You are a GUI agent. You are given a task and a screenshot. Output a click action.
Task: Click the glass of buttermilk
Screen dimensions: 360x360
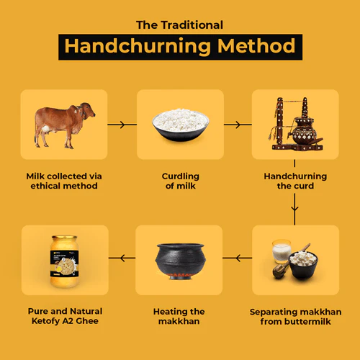pyautogui.click(x=281, y=254)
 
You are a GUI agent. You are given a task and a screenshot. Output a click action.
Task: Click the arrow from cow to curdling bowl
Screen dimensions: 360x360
pyautogui.click(x=122, y=125)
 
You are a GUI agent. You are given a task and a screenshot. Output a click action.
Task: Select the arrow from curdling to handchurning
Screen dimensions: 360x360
pyautogui.click(x=238, y=125)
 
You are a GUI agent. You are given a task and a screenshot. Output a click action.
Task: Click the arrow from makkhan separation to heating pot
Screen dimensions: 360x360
pyautogui.click(x=238, y=257)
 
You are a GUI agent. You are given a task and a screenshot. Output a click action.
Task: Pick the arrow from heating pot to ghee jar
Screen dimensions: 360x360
pyautogui.click(x=122, y=257)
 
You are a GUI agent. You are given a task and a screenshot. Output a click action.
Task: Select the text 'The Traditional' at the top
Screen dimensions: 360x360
pyautogui.click(x=180, y=24)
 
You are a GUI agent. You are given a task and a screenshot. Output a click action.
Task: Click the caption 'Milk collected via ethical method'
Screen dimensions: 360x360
pyautogui.click(x=65, y=181)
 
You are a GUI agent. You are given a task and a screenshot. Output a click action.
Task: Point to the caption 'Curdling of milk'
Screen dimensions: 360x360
pyautogui.click(x=180, y=181)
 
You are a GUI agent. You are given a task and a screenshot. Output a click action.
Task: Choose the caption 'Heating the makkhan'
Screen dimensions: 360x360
pyautogui.click(x=180, y=317)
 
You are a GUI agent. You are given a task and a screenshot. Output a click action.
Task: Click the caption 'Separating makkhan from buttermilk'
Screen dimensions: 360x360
pyautogui.click(x=295, y=317)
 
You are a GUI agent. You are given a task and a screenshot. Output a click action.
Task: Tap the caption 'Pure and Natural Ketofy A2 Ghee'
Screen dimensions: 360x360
pyautogui.click(x=65, y=317)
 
